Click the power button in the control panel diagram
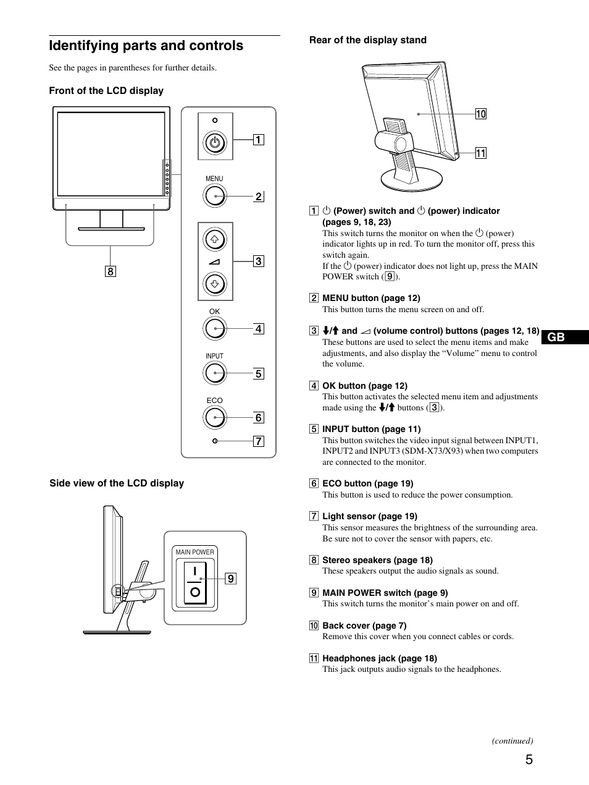point(215,143)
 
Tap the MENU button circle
point(215,196)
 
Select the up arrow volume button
point(215,239)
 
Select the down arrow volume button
point(215,284)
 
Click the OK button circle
point(215,328)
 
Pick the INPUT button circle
point(215,373)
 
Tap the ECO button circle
point(215,418)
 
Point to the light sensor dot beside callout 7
point(215,441)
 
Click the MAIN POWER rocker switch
point(194,582)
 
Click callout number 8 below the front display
point(111,271)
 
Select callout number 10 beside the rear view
point(480,114)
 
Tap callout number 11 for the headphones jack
point(480,153)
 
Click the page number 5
point(529,760)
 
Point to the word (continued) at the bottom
point(512,740)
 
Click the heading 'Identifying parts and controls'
point(146,46)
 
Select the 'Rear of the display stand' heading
point(367,40)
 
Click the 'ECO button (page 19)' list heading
point(367,483)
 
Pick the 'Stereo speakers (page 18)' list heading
point(377,560)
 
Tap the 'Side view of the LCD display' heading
point(117,483)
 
